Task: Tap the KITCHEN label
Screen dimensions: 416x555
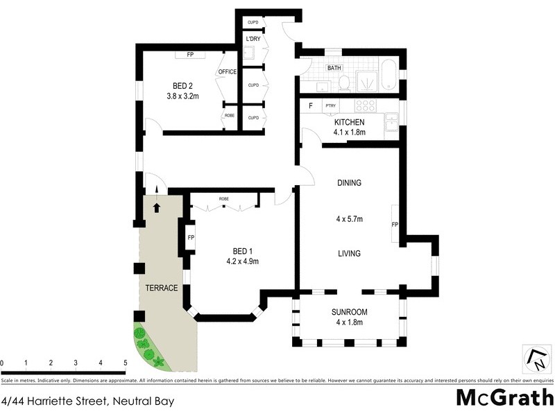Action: point(349,122)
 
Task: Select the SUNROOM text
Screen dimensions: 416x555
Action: point(349,312)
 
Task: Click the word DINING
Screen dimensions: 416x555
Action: point(350,183)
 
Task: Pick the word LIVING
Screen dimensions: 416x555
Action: point(349,254)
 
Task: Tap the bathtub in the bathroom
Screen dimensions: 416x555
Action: point(390,76)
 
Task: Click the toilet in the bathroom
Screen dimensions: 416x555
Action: point(343,84)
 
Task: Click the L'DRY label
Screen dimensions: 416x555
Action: point(252,40)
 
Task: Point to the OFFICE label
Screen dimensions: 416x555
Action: point(228,72)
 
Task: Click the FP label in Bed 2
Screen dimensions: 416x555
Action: point(189,55)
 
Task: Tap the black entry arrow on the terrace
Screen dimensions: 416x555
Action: point(156,207)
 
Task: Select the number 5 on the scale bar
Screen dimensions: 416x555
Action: point(125,363)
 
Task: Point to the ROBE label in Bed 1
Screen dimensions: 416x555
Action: point(223,199)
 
